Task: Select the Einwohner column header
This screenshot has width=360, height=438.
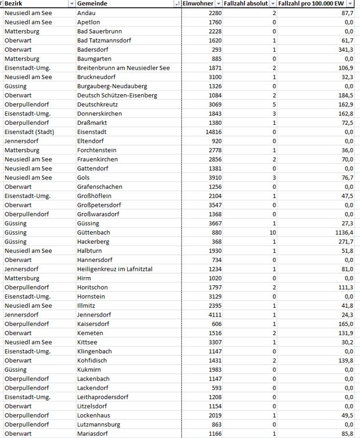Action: [197, 3]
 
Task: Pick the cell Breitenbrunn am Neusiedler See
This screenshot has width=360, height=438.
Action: [123, 68]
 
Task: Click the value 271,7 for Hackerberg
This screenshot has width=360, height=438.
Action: [344, 242]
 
